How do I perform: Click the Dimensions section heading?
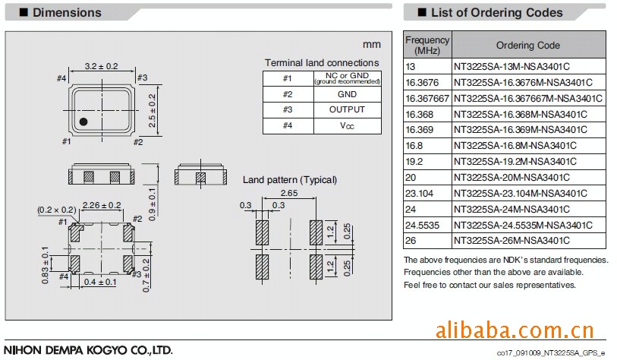pyautogui.click(x=67, y=12)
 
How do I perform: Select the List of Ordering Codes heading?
pyautogui.click(x=496, y=12)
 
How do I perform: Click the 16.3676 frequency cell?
pyautogui.click(x=422, y=82)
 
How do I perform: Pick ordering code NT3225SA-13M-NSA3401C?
pyautogui.click(x=512, y=66)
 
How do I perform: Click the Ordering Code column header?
pyautogui.click(x=527, y=46)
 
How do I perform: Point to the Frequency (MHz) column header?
pyautogui.click(x=427, y=45)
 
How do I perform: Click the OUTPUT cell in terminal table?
pyautogui.click(x=347, y=110)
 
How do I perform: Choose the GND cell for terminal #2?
pyautogui.click(x=347, y=94)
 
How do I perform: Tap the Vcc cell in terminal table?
pyautogui.click(x=347, y=126)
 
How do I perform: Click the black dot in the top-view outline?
pyautogui.click(x=84, y=122)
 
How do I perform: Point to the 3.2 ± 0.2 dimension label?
pyautogui.click(x=101, y=67)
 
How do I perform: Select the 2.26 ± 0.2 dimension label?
pyautogui.click(x=101, y=205)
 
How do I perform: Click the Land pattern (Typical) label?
pyautogui.click(x=289, y=180)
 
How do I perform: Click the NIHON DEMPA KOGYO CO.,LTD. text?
pyautogui.click(x=88, y=350)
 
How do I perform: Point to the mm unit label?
pyautogui.click(x=371, y=44)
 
